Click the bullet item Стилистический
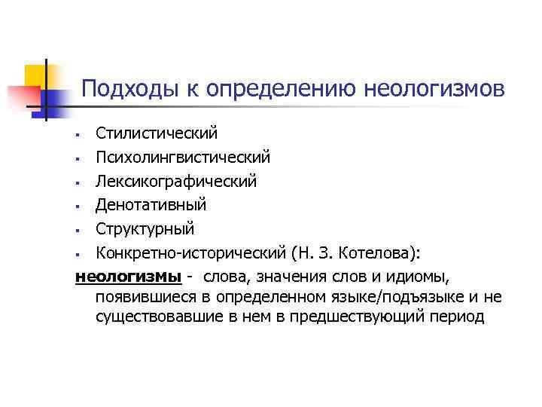(x=156, y=133)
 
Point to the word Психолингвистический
(x=182, y=157)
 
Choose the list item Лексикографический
(x=175, y=181)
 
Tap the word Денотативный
(x=151, y=204)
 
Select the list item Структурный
(x=145, y=228)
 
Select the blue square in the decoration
(x=51, y=99)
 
